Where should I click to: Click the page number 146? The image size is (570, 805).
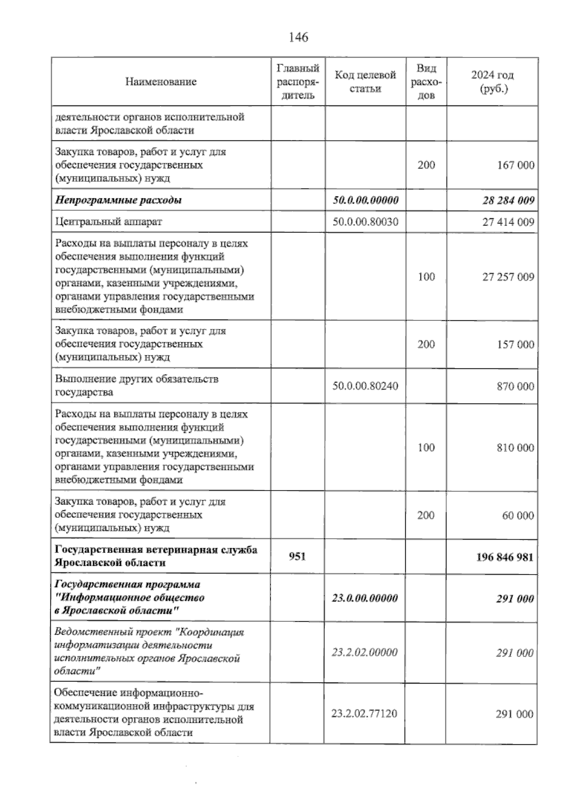pyautogui.click(x=298, y=37)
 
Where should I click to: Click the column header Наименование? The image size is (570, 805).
pyautogui.click(x=161, y=82)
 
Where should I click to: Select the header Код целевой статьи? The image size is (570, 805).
pyautogui.click(x=365, y=82)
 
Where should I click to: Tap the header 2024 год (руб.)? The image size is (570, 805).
pyautogui.click(x=492, y=82)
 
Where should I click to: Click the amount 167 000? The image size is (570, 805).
pyautogui.click(x=515, y=165)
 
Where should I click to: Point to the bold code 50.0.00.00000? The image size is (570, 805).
pyautogui.click(x=365, y=200)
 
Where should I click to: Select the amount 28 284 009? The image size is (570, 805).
pyautogui.click(x=508, y=200)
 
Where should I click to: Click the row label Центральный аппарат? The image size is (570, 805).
pyautogui.click(x=109, y=222)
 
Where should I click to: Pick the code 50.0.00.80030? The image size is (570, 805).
pyautogui.click(x=365, y=222)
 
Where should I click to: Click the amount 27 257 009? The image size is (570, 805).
pyautogui.click(x=508, y=277)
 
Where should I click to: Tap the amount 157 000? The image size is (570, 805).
pyautogui.click(x=515, y=344)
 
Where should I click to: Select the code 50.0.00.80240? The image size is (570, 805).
pyautogui.click(x=365, y=386)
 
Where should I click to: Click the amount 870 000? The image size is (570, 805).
pyautogui.click(x=515, y=386)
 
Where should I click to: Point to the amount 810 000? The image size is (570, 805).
pyautogui.click(x=515, y=448)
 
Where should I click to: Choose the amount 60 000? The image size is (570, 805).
pyautogui.click(x=518, y=515)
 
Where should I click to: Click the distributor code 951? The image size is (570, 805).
pyautogui.click(x=297, y=556)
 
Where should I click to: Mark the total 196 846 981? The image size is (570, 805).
pyautogui.click(x=504, y=557)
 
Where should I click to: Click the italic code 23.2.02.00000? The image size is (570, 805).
pyautogui.click(x=364, y=652)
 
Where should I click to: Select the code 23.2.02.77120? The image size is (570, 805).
pyautogui.click(x=364, y=713)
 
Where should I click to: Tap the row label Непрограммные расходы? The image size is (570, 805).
pyautogui.click(x=118, y=200)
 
